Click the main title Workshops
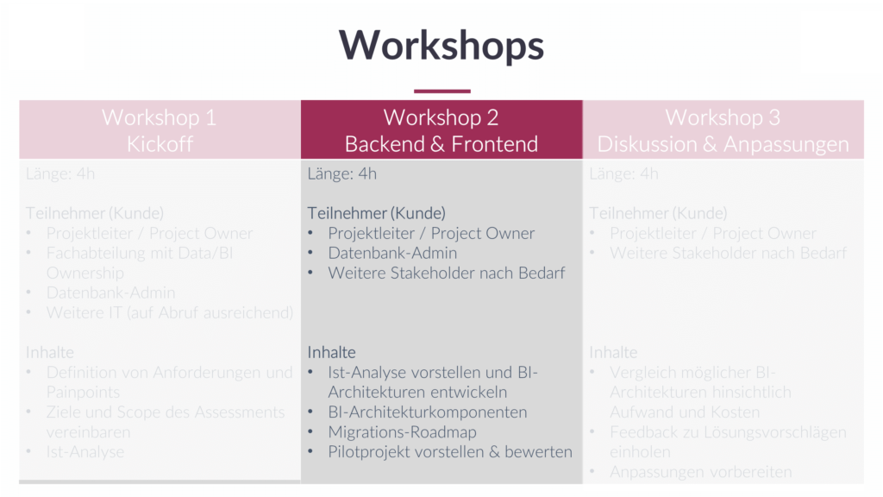[x=441, y=45]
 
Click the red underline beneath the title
[x=441, y=91]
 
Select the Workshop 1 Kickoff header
[x=160, y=130]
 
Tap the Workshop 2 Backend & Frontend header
[x=441, y=130]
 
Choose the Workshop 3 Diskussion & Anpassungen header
[x=723, y=130]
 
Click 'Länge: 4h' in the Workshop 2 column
[x=342, y=173]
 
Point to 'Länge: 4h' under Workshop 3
[x=623, y=173]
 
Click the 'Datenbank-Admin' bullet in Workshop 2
[x=392, y=253]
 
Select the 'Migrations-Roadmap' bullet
[x=402, y=432]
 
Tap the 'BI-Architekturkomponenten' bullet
[x=428, y=412]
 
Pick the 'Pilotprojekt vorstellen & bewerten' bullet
[x=450, y=452]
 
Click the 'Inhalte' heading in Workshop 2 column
[x=332, y=352]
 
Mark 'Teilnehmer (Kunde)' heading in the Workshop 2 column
[x=377, y=213]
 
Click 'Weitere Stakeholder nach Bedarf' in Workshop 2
[x=447, y=273]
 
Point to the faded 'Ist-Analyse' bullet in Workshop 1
[x=85, y=452]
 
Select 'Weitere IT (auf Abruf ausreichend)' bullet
[x=170, y=312]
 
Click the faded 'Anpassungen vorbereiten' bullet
[x=700, y=472]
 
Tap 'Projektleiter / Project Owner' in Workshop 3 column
[x=713, y=233]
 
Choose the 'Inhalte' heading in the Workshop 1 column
[x=50, y=352]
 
